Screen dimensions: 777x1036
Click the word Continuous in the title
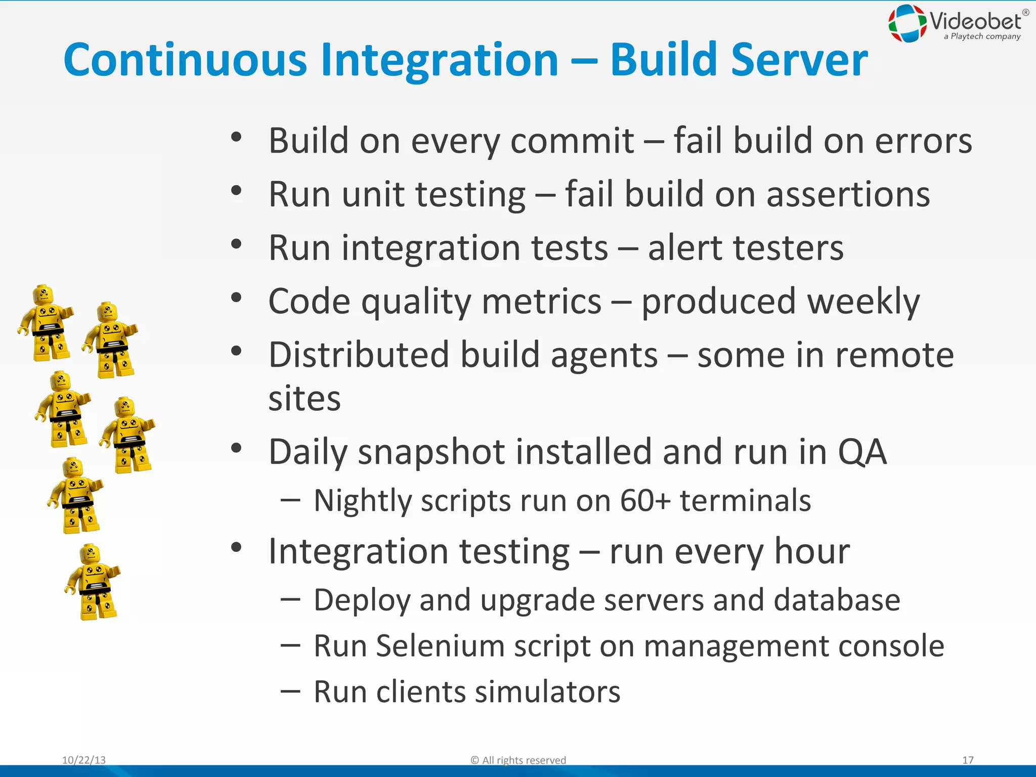[185, 60]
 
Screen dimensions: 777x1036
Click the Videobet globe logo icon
[908, 23]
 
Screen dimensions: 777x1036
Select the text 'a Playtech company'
[982, 36]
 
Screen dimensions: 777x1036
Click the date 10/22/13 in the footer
[84, 760]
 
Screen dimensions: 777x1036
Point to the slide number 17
[968, 760]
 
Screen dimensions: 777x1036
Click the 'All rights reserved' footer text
[523, 760]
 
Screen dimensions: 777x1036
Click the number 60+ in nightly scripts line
[645, 501]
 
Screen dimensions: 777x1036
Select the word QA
[862, 451]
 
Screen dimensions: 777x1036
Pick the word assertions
[848, 194]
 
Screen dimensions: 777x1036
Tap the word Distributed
[359, 355]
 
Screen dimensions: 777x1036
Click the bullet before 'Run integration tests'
[236, 244]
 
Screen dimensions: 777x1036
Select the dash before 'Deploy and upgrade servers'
[290, 599]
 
